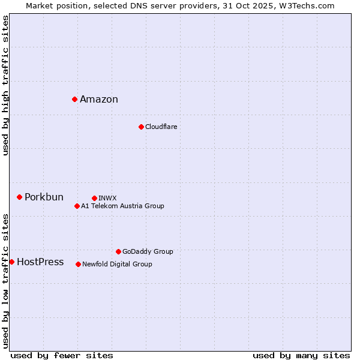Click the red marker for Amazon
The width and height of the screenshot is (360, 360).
tap(74, 99)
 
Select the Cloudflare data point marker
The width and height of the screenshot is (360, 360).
tap(141, 127)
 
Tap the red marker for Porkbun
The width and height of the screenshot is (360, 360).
tap(19, 197)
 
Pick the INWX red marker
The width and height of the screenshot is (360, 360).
tap(94, 198)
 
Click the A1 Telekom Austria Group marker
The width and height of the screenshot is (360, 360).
tap(77, 206)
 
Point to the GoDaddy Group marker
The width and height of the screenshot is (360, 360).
tap(118, 251)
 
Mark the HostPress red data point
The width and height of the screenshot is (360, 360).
tap(11, 262)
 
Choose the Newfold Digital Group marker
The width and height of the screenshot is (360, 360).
tap(78, 264)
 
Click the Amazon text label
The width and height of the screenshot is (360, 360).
tap(99, 100)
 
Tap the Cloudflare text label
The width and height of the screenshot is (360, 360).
tap(161, 127)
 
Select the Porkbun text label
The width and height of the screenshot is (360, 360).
tap(44, 197)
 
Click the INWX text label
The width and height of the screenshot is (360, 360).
tap(107, 198)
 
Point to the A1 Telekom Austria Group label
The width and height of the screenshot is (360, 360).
tap(122, 206)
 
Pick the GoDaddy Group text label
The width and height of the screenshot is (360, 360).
tap(148, 251)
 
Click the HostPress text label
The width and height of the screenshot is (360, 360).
tap(40, 262)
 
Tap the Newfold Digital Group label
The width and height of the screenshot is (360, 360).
tap(117, 264)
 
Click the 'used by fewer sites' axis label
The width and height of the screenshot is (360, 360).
tap(62, 355)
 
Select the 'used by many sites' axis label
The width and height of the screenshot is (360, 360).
tap(301, 355)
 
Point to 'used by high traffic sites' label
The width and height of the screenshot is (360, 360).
tap(5, 85)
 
